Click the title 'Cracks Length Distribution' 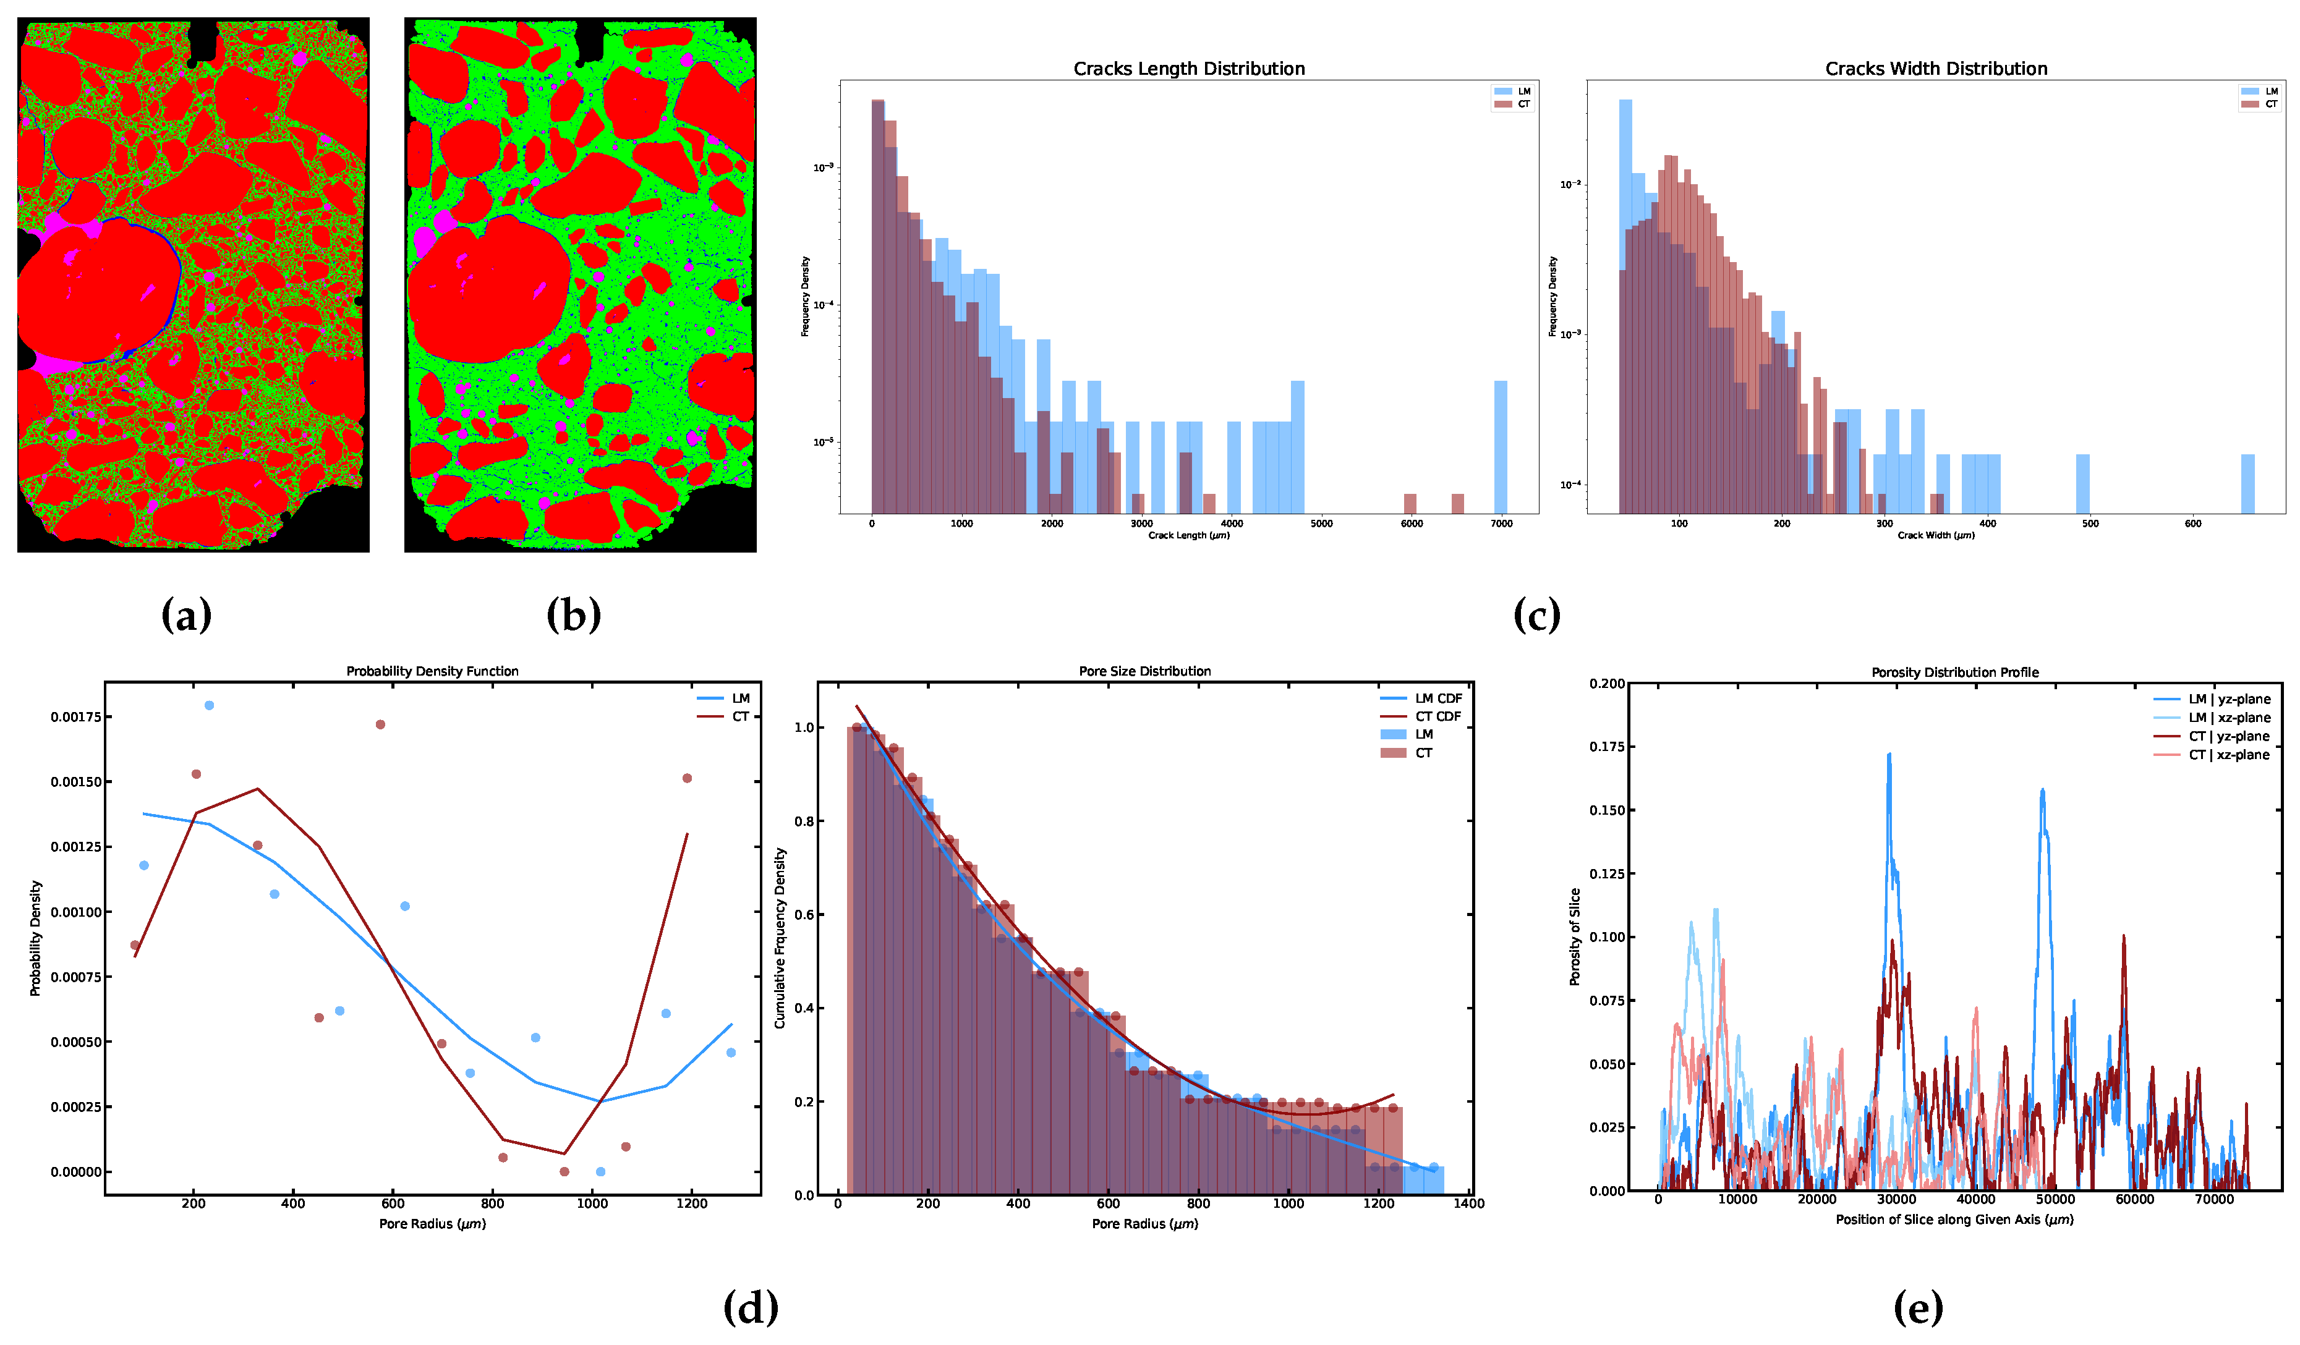click(1188, 69)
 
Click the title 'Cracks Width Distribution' click(1936, 69)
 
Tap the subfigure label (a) click(186, 615)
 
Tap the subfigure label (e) click(1917, 1307)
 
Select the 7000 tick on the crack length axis click(1501, 524)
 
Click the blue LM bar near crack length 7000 click(1499, 447)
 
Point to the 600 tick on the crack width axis click(2192, 524)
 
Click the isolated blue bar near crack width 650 click(2247, 483)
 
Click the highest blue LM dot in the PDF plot click(209, 705)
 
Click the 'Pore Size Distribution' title click(1144, 671)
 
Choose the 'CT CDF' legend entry click(1437, 716)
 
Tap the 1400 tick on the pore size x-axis click(1468, 1203)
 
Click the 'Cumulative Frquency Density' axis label click(780, 938)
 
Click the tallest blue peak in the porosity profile click(1888, 755)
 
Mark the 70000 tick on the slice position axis click(2213, 1200)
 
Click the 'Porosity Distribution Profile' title click(1954, 672)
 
